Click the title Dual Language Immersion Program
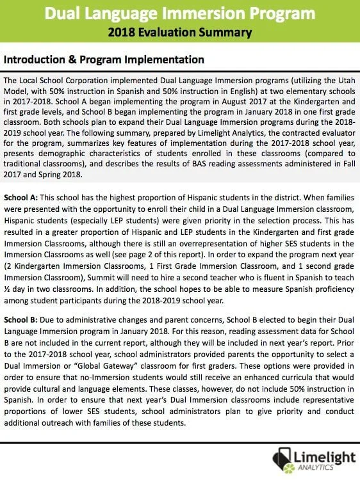click(x=180, y=13)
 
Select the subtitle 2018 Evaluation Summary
click(x=180, y=31)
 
